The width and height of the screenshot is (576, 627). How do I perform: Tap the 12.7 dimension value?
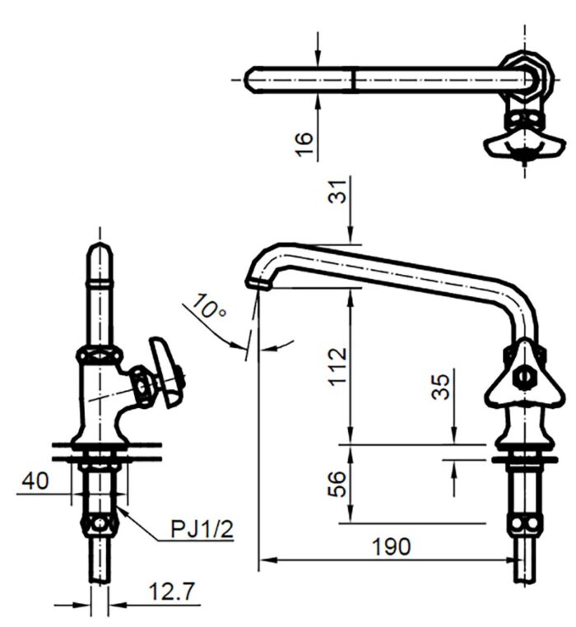[170, 590]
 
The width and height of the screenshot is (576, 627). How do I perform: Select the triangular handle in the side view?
[516, 378]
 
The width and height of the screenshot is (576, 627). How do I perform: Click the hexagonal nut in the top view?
[523, 77]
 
